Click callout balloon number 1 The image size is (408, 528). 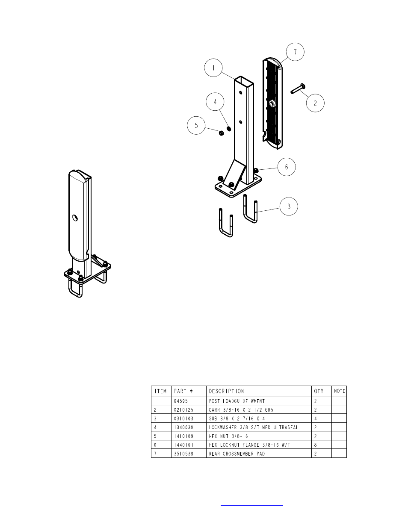[216, 68]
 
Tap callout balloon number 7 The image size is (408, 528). [295, 52]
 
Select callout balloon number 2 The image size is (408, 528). [315, 103]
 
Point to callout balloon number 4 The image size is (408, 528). [215, 102]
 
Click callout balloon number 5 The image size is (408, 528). [196, 125]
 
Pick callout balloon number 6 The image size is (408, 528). [287, 167]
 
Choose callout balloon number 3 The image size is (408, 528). [289, 206]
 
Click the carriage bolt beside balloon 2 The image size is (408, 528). [297, 88]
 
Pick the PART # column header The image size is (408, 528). [183, 391]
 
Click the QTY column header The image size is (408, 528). [319, 391]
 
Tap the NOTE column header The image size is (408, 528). [339, 391]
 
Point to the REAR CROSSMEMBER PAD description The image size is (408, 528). [237, 454]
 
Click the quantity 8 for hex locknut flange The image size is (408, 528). [316, 445]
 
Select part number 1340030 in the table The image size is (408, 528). [183, 428]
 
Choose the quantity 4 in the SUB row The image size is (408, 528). [316, 419]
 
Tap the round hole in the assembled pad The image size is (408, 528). [75, 218]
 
